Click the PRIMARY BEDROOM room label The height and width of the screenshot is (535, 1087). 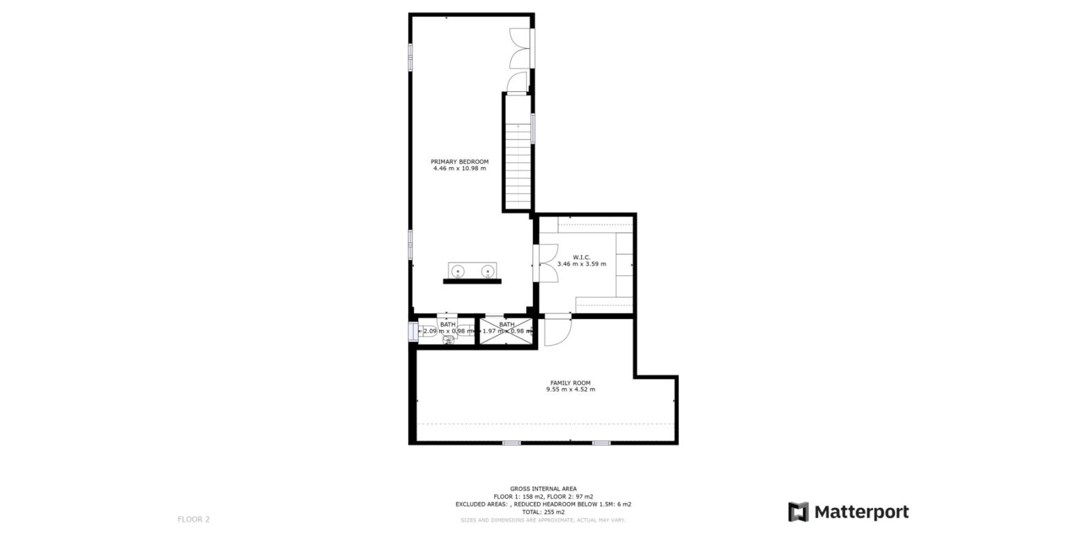coord(459,162)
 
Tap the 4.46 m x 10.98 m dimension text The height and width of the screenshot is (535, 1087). coord(459,169)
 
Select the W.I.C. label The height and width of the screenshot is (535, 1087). coord(581,257)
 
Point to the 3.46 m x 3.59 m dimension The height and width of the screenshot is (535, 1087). coord(581,264)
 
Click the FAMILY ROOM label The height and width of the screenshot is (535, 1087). coord(570,382)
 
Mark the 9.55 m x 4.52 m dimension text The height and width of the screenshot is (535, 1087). coord(570,389)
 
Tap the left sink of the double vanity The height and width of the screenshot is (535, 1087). coord(458,270)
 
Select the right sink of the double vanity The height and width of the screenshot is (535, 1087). coord(487,270)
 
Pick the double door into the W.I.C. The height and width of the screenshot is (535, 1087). coord(547,263)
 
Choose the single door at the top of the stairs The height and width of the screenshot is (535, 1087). coord(517,83)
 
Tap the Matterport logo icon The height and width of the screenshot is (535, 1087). coord(798,512)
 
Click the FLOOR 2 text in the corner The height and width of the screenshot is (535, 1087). coord(193,519)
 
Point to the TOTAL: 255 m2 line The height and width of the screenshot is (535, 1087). coord(543,512)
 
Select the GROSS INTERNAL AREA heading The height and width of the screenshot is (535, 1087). coord(543,489)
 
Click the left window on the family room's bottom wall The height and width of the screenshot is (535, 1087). coord(511,442)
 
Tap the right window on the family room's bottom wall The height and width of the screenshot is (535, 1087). coord(601,442)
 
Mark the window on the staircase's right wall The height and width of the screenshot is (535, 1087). coord(533,128)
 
